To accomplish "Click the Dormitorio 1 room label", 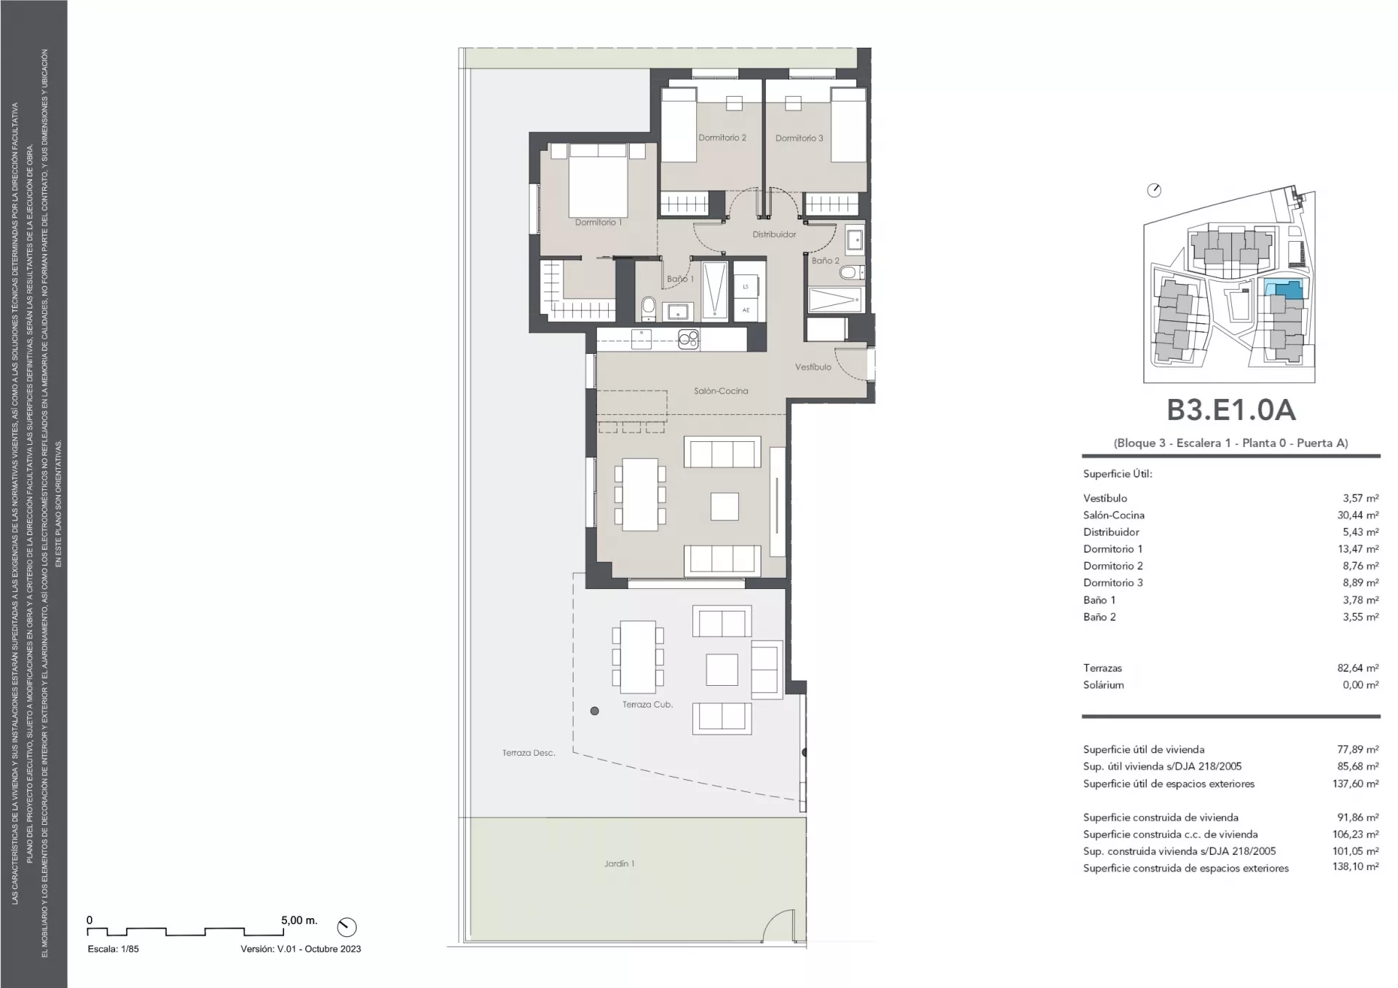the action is pos(599,223).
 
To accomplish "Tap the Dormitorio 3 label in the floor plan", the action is pos(799,138).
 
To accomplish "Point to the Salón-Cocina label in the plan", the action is pos(721,391).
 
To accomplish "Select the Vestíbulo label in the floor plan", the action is pos(813,367).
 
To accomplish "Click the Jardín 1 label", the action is pos(619,863).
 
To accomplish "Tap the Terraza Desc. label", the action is pos(529,753).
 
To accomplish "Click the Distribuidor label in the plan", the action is pos(774,234).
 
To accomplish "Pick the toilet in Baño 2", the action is pos(850,273).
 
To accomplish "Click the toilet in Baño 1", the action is pos(649,308).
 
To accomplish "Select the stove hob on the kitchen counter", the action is pos(688,339).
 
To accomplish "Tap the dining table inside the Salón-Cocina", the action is pos(640,494).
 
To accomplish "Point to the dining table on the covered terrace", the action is pos(638,657).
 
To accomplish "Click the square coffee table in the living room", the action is pos(724,507).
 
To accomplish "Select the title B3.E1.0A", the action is pos(1231,410).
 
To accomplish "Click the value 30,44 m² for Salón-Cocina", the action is pos(1358,515).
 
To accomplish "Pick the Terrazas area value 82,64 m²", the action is pos(1358,668).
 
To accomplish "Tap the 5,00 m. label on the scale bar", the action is pos(299,920).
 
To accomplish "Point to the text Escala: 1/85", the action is pos(113,949).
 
